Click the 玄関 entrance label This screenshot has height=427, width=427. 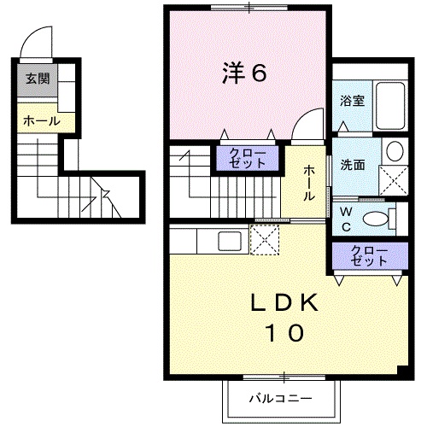pyautogui.click(x=38, y=79)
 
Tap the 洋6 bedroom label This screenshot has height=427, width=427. pyautogui.click(x=244, y=73)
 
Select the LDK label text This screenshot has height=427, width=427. pyautogui.click(x=284, y=302)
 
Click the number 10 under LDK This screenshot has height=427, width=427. pyautogui.click(x=284, y=333)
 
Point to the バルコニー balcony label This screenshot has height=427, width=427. pyautogui.click(x=280, y=398)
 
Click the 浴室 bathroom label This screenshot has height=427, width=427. pyautogui.click(x=352, y=101)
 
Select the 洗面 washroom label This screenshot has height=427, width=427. pyautogui.click(x=353, y=165)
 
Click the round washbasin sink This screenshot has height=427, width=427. pyautogui.click(x=395, y=151)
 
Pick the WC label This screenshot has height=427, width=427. pyautogui.click(x=346, y=219)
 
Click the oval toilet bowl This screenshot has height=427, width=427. pyautogui.click(x=376, y=219)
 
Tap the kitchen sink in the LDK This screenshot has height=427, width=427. pyautogui.click(x=230, y=241)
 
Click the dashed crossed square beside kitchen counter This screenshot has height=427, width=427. pyautogui.click(x=265, y=240)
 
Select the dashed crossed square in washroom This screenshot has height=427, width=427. pyautogui.click(x=394, y=180)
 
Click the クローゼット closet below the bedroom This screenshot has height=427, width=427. pyautogui.click(x=248, y=158)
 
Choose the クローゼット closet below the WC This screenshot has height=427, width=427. pyautogui.click(x=370, y=255)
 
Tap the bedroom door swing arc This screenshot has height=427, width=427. pyautogui.click(x=303, y=117)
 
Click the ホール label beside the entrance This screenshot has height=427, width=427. pyautogui.click(x=42, y=121)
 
